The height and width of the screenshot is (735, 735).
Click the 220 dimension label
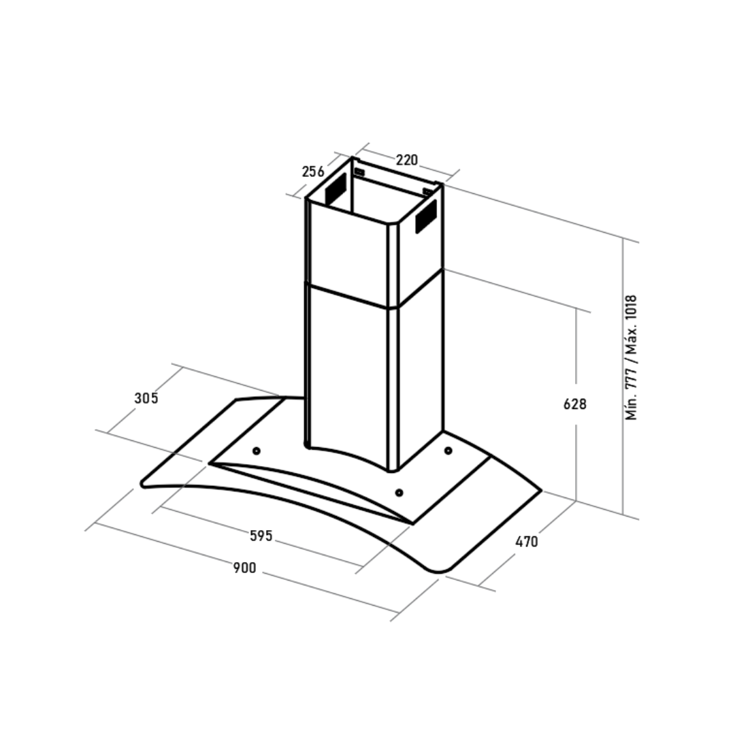click(x=406, y=161)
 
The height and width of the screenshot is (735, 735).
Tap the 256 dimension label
click(x=312, y=172)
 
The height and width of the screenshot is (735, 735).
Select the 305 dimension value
click(x=146, y=398)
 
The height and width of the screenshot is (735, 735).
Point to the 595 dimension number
click(x=261, y=536)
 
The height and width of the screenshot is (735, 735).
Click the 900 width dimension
click(x=245, y=568)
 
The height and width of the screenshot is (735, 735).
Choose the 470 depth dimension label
click(x=526, y=542)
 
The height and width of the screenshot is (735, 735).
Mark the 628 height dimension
click(x=574, y=404)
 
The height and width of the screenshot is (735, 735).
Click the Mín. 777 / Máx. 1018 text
click(x=632, y=358)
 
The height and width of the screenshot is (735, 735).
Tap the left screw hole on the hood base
click(x=257, y=451)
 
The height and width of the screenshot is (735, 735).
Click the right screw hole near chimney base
click(x=448, y=451)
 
